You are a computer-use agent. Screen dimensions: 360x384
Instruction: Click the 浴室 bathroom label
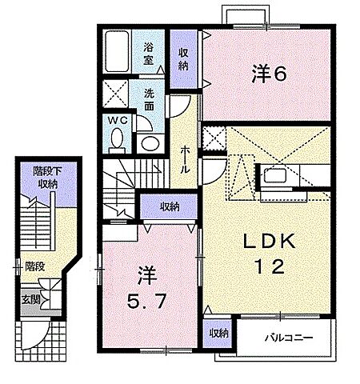point(149,54)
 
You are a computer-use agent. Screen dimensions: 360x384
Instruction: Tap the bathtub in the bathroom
point(117,51)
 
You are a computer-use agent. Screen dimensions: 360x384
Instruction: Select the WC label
point(118,121)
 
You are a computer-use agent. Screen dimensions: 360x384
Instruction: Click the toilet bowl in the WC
point(117,138)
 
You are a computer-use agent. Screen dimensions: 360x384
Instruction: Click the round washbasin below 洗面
point(150,144)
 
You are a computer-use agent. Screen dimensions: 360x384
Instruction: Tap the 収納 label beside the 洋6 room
point(183,59)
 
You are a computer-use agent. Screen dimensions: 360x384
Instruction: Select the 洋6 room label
point(269,74)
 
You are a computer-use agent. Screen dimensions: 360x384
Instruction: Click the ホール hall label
point(185,160)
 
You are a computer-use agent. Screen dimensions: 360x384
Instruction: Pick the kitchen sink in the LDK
point(275,176)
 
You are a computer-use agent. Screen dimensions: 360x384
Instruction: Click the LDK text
point(269,241)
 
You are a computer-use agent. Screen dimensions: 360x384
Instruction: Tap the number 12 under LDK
point(270,266)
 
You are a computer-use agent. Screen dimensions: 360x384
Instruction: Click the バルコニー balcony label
point(289,338)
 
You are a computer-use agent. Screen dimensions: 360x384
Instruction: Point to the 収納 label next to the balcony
point(219,333)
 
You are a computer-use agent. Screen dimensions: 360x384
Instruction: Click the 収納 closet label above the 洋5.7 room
point(170,206)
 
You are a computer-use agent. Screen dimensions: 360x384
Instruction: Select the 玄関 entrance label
point(31,300)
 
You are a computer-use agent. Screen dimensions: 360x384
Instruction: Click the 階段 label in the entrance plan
point(35,266)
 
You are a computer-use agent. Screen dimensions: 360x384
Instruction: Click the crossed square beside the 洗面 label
point(115,94)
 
